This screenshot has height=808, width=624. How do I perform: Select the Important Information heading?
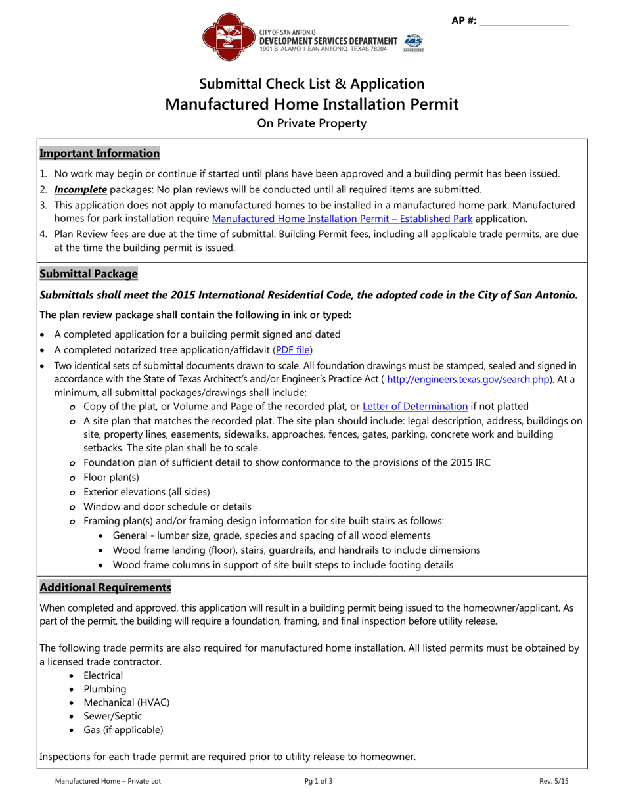[x=99, y=154]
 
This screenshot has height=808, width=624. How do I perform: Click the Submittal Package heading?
[x=89, y=273]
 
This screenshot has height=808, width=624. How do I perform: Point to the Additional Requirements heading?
[x=105, y=587]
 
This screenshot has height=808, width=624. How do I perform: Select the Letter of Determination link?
[x=415, y=407]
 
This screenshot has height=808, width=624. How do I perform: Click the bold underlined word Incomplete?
[x=81, y=189]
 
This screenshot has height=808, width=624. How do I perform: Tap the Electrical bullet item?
[x=103, y=675]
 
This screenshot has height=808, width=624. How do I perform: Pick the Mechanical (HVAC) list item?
[x=126, y=702]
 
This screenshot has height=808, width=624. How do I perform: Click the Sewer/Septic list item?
[x=112, y=716]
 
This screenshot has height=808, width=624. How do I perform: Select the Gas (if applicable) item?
[x=123, y=730]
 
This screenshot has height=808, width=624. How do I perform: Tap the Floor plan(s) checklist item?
[x=111, y=478]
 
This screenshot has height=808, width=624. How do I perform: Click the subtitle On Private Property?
[x=311, y=123]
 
